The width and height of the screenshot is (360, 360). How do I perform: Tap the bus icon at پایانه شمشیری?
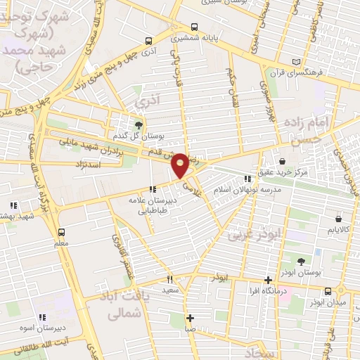pos(174,41)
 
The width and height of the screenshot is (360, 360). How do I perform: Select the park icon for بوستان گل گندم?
pos(139,124)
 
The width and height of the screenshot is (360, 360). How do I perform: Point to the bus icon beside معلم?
pos(61,232)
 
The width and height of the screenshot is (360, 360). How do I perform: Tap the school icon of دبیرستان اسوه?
pos(41,317)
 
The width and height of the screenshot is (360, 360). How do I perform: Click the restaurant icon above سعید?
pos(169,279)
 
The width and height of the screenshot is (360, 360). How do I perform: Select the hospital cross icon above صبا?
pos(191,317)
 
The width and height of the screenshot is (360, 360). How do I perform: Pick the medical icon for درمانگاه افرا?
pos(266,279)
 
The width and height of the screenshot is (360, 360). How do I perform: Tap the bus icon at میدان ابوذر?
pos(328,291)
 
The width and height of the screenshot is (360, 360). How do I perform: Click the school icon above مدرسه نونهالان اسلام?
pos(246,179)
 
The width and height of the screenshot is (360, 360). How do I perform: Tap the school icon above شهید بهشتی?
pos(13,205)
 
